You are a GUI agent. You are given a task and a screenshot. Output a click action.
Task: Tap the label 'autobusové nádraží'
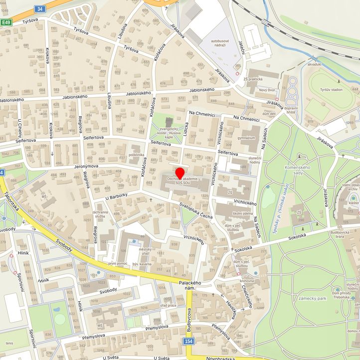[221, 42]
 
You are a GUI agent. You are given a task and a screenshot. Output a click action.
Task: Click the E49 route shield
[5, 22]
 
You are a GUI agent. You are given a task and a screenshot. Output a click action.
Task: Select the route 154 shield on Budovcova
[188, 341]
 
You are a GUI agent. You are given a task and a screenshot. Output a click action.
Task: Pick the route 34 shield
[40, 8]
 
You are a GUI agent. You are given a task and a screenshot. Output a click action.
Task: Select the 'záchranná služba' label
[100, 213]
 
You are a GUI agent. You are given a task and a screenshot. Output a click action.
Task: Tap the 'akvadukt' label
[314, 64]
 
